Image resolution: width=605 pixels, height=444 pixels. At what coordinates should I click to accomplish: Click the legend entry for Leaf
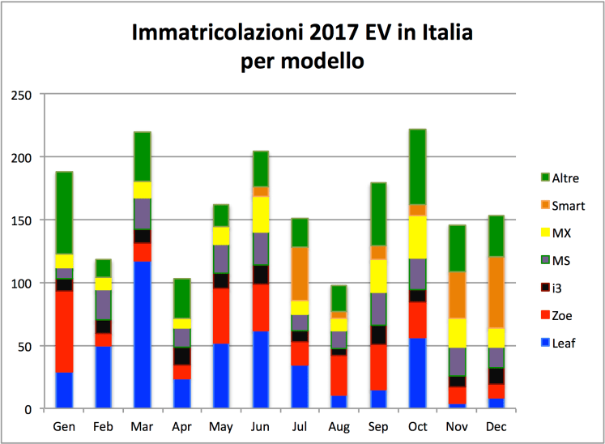562,343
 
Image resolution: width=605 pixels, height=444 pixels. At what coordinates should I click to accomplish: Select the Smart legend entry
567,206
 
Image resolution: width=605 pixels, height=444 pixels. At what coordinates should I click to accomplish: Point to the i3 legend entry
559,288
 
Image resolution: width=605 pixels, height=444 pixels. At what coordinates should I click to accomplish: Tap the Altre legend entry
565,178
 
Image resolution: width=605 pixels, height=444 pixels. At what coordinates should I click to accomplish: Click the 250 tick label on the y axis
22,94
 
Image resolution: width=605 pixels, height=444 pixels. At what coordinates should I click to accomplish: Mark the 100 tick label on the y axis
22,283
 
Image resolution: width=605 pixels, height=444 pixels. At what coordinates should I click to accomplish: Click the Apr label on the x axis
181,426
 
